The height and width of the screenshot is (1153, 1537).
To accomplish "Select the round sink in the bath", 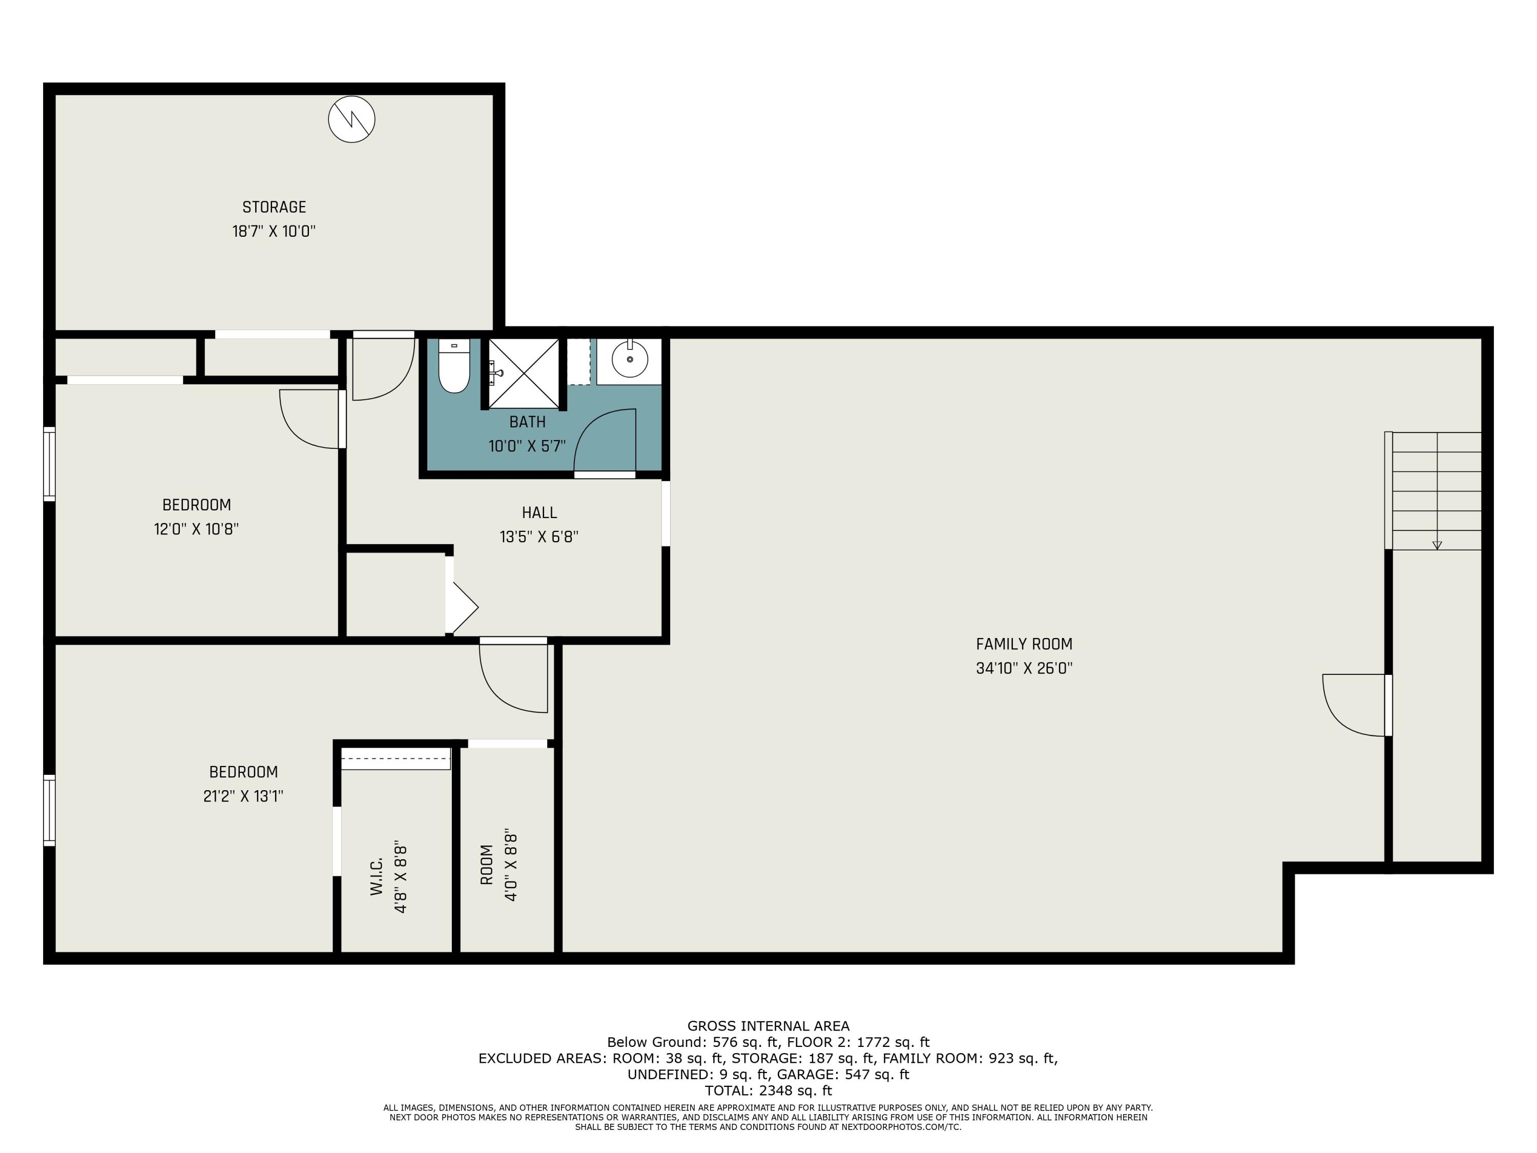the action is click(x=630, y=359).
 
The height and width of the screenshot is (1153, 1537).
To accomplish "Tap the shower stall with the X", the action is click(x=524, y=373).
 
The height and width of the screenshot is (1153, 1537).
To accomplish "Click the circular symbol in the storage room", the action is click(x=351, y=119).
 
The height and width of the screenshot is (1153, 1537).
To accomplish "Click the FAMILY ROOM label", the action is click(x=1024, y=644).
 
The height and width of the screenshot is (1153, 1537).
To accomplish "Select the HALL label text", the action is click(x=539, y=513).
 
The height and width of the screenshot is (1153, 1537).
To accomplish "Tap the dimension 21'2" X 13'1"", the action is click(x=243, y=796).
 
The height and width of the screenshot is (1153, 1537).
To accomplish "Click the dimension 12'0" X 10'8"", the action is click(x=196, y=529).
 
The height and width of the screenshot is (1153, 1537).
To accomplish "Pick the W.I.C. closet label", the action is click(x=377, y=876).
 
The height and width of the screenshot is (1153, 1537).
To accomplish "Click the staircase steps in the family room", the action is click(x=1436, y=491).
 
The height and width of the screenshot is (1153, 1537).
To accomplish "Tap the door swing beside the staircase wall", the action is click(x=1354, y=705).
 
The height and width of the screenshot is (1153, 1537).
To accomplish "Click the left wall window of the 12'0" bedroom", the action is click(x=49, y=464).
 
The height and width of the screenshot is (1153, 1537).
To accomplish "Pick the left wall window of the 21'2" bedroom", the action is click(x=49, y=810).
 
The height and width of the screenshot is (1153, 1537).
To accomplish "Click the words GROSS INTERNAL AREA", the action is click(x=768, y=1026).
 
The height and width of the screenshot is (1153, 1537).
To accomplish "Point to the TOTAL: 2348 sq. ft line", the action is click(x=768, y=1090).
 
